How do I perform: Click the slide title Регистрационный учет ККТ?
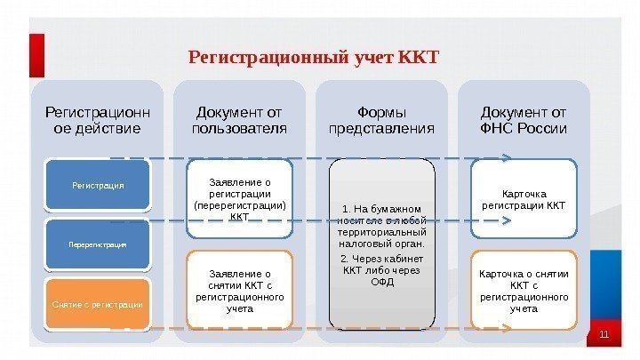click(314, 59)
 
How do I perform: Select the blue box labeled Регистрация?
click(98, 187)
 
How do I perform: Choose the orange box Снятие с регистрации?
click(98, 304)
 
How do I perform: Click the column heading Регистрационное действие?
click(98, 121)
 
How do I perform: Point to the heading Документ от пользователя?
click(239, 121)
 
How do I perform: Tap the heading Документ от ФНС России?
click(524, 121)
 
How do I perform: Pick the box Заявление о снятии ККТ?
click(239, 292)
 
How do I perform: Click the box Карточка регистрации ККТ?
click(524, 200)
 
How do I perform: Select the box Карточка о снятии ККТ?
click(524, 292)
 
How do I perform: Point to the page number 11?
click(604, 334)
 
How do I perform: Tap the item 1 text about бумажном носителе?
click(383, 226)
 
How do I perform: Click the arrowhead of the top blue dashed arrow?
click(507, 159)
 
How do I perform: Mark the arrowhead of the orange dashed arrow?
click(507, 330)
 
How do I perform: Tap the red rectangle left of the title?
click(36, 55)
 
